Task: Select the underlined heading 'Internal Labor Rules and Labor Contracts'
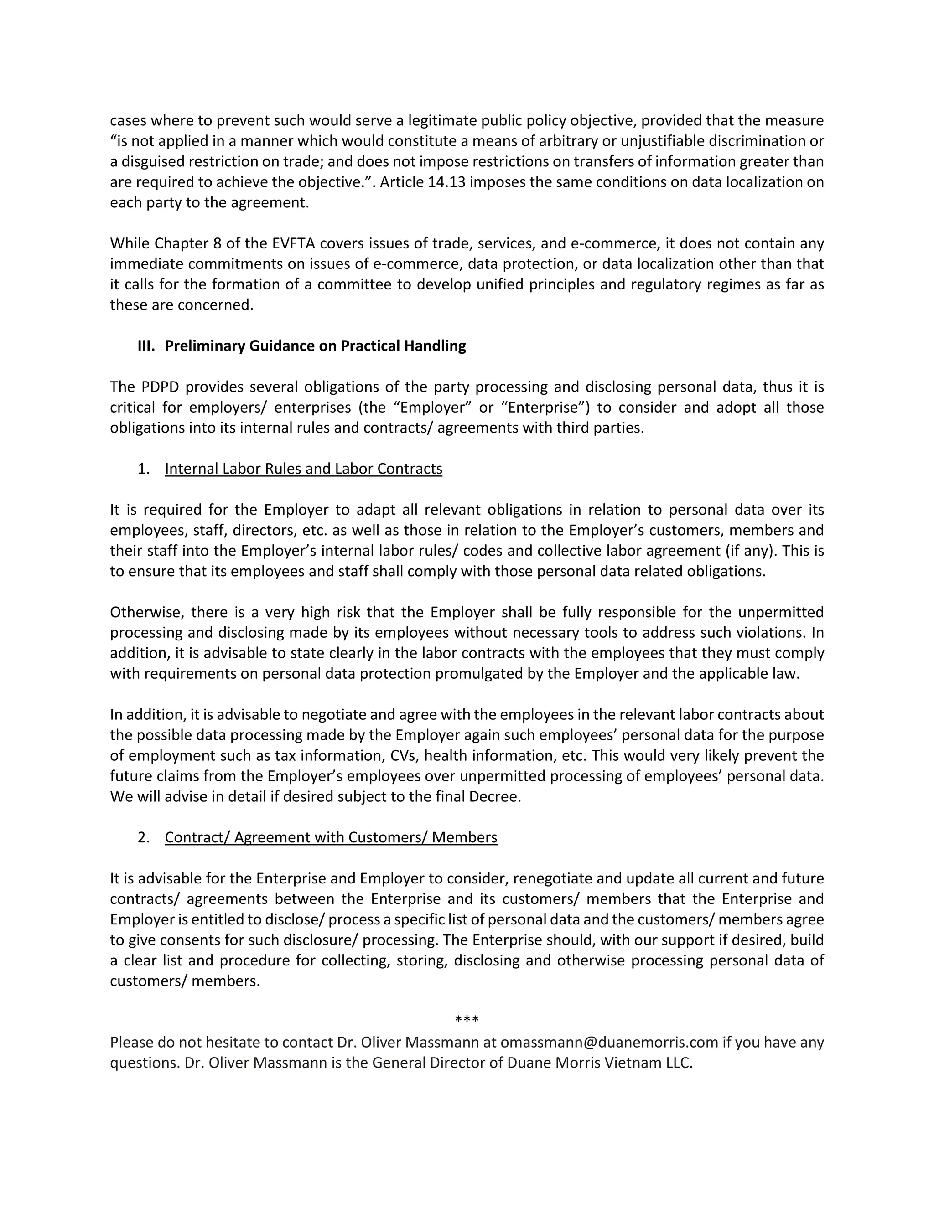point(303,469)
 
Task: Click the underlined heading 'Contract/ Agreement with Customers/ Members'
point(331,837)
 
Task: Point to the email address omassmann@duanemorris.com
point(609,1042)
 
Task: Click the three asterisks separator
point(467,1019)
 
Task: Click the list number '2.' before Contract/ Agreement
point(144,837)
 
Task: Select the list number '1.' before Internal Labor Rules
point(144,469)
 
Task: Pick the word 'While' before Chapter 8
point(130,243)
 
